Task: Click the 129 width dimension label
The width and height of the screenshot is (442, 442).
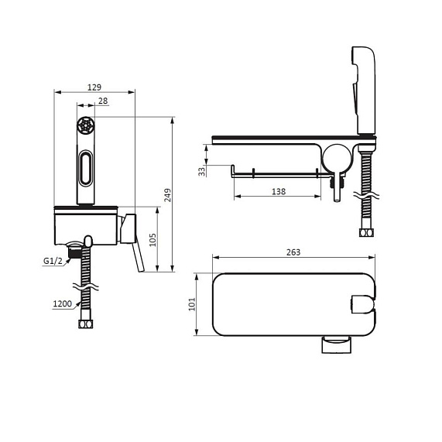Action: click(94, 87)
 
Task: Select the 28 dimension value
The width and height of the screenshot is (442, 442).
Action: click(103, 101)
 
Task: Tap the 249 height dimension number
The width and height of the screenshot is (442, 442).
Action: click(168, 195)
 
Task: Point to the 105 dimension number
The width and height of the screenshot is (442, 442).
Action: click(152, 240)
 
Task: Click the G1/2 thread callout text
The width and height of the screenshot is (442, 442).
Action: click(53, 261)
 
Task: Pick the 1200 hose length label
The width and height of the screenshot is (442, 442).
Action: click(63, 303)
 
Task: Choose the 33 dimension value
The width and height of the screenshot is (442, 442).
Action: click(202, 172)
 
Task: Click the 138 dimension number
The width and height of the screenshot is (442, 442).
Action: click(279, 192)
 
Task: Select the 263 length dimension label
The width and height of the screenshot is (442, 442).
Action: click(293, 252)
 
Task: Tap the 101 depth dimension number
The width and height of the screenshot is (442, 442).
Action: click(192, 304)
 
